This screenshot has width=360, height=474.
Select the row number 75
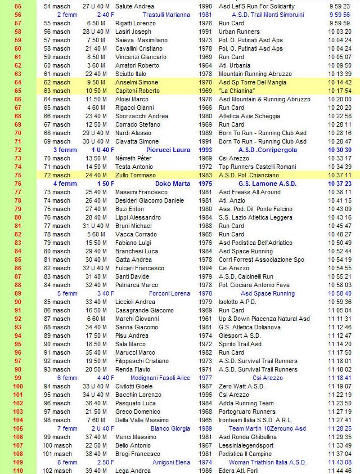[x=17, y=175]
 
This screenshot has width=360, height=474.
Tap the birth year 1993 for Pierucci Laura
[x=205, y=150]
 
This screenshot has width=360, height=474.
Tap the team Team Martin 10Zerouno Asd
[x=268, y=428]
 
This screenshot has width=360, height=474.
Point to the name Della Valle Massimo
[x=142, y=420]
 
